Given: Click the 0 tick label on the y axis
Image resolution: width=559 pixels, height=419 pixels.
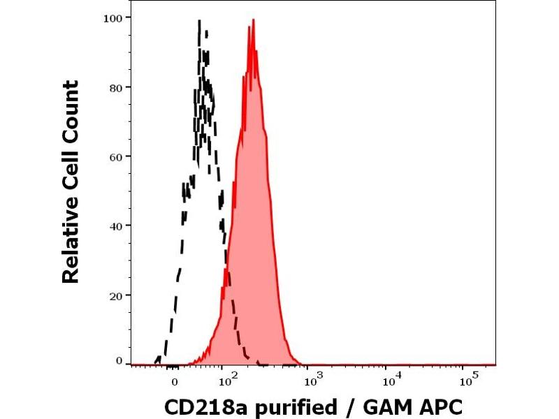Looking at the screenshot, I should point(119,361).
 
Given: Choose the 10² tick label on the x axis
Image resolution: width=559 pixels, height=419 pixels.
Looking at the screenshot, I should point(229,380).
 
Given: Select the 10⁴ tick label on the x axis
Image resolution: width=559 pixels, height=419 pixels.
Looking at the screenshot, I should point(392,380).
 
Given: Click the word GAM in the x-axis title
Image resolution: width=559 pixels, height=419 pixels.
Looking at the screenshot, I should point(387,406).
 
